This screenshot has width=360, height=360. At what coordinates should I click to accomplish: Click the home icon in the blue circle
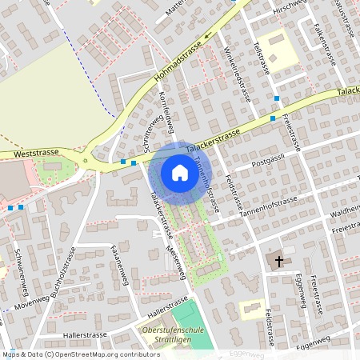coord(179,173)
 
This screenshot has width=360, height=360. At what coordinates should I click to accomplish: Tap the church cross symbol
coord(279,261)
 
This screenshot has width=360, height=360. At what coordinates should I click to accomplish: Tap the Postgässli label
coord(268,161)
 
